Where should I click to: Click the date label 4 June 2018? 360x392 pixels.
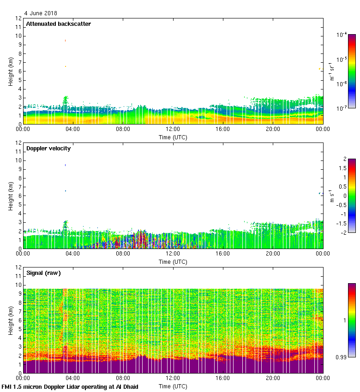pos(41,13)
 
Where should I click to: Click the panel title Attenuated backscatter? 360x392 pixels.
pos(59,24)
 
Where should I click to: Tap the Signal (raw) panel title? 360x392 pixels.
pos(43,273)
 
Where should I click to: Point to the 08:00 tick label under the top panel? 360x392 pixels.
pos(123,130)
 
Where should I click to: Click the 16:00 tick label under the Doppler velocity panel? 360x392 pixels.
pos(222,254)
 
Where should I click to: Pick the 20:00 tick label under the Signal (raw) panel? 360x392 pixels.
pos(272,379)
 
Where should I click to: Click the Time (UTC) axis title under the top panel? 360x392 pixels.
pos(173,137)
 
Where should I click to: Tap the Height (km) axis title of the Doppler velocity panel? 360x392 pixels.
pos(10,196)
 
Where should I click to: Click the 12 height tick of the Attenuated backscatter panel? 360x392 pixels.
pos(18,18)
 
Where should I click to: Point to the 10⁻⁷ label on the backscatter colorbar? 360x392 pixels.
pos(342,108)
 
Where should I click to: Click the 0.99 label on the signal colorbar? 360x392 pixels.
pos(342,357)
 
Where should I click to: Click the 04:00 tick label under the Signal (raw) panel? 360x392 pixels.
pos(73,379)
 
